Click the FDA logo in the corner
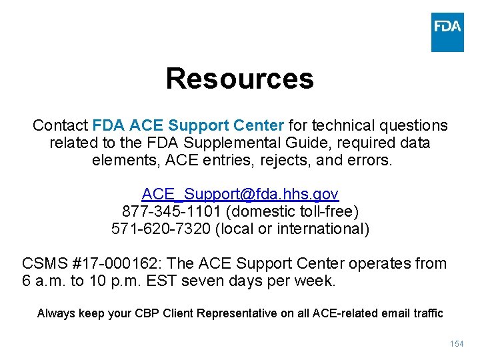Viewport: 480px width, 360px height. [x=447, y=32]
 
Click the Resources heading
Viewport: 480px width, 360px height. [x=239, y=79]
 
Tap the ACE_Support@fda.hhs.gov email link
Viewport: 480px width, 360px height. [x=240, y=194]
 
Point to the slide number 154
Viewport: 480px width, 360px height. [x=457, y=344]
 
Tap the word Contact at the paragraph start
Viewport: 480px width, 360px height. [x=60, y=125]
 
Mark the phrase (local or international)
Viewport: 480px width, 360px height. [x=279, y=229]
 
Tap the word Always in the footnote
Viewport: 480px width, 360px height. [x=56, y=313]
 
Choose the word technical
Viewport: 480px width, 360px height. [x=342, y=125]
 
